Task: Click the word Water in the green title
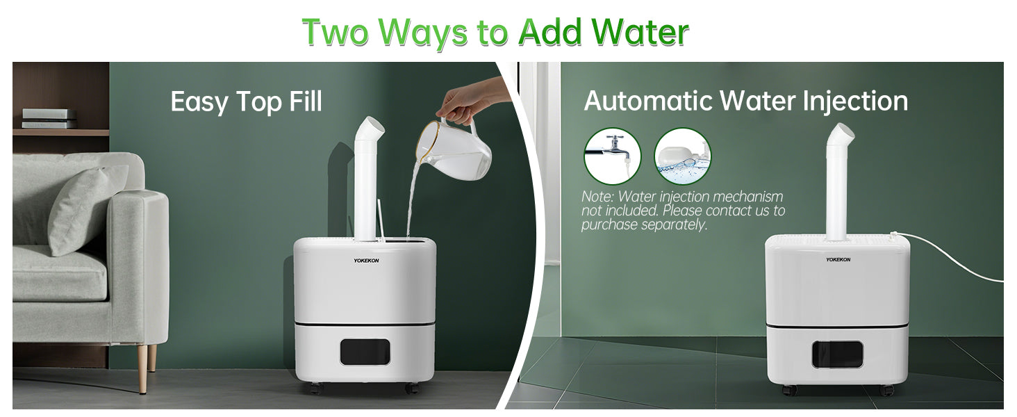coord(640,32)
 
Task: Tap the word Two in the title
coord(335,32)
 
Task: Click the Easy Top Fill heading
coord(247,101)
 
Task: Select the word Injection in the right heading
coord(855,101)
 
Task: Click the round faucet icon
coord(613,156)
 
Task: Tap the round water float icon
coord(682,156)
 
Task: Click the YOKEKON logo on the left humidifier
coord(366,261)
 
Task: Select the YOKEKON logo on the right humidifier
coord(838,259)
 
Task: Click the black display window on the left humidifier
coord(365,352)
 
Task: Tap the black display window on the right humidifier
coord(837,354)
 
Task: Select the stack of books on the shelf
coord(49,119)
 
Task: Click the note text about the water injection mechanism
coord(683,211)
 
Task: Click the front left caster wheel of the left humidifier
coord(316,389)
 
